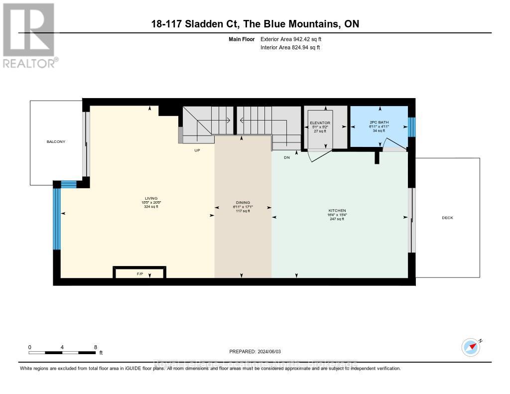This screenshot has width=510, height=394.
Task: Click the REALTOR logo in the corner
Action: click(x=29, y=35)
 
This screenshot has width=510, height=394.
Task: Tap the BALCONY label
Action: click(x=56, y=142)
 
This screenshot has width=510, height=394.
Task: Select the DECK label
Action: click(x=447, y=218)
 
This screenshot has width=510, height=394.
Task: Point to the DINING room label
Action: click(x=243, y=203)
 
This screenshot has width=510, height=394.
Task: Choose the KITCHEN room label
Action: click(x=337, y=211)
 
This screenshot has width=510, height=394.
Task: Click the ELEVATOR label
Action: click(x=319, y=123)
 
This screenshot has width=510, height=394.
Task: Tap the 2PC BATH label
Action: click(x=379, y=123)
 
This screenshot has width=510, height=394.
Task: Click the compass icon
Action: click(x=471, y=347)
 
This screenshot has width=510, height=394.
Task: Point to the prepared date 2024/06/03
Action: click(x=262, y=351)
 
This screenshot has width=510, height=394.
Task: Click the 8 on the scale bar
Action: click(x=95, y=347)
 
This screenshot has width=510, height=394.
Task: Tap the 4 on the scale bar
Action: click(x=62, y=347)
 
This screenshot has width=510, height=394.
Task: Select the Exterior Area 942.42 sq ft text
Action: click(x=294, y=39)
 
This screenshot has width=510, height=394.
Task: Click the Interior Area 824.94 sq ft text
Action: click(x=290, y=48)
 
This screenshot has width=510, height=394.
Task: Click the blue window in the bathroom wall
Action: click(x=411, y=127)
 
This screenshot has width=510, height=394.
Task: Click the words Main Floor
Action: click(x=242, y=39)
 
